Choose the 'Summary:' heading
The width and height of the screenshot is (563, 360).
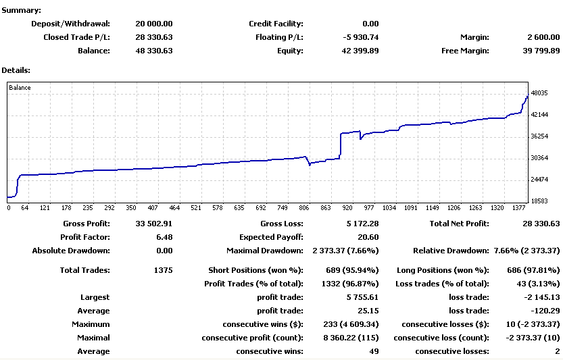[21, 10]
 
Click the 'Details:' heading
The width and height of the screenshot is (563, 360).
[16, 70]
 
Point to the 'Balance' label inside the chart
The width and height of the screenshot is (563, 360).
[20, 88]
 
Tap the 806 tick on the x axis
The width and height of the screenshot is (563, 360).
[304, 208]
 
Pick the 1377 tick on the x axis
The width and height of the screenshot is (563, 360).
[518, 208]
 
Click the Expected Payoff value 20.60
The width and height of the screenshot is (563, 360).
[368, 237]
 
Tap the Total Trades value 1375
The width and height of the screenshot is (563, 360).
[162, 270]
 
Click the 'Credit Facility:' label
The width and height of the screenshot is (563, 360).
[276, 24]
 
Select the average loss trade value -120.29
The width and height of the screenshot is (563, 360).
[544, 311]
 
